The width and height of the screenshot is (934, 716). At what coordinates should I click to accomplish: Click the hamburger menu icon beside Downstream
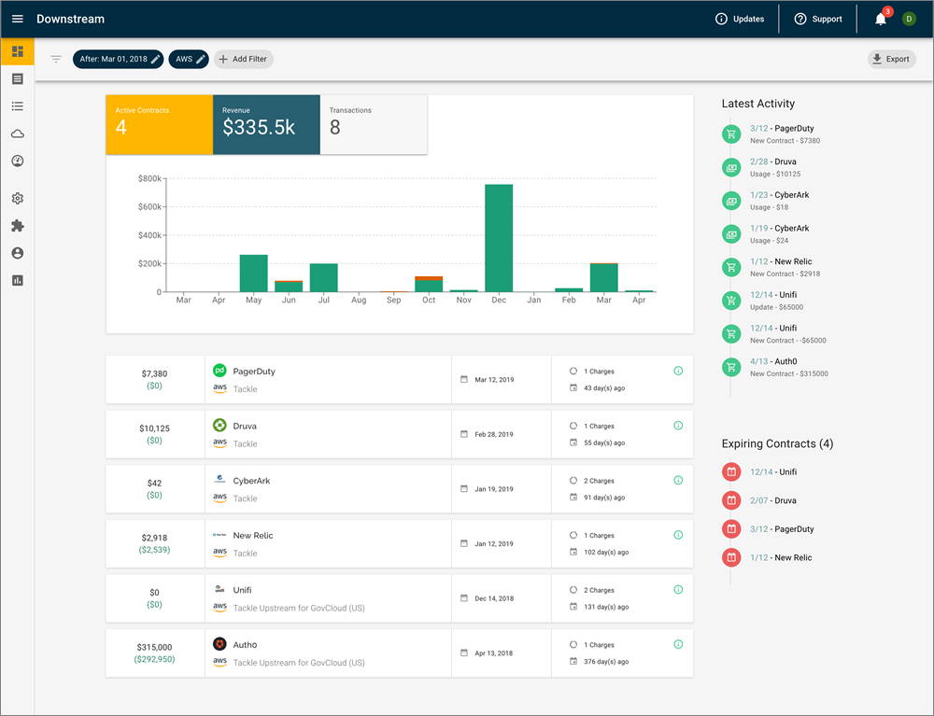(18, 19)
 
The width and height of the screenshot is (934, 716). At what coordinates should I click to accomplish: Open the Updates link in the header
(739, 19)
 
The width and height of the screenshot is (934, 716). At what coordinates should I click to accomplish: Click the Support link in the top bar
(817, 19)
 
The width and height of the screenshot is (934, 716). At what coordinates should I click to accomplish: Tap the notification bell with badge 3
(881, 19)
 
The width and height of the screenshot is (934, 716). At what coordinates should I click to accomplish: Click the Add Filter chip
(243, 59)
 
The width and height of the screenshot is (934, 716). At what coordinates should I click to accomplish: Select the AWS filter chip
(190, 59)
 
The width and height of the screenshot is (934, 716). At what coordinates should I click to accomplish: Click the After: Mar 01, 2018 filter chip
(118, 59)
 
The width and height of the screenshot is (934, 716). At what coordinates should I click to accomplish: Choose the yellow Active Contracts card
(159, 124)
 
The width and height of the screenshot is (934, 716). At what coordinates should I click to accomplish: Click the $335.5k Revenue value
(259, 128)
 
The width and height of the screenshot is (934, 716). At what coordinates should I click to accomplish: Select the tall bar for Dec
(499, 238)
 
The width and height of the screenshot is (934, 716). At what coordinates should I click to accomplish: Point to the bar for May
(253, 273)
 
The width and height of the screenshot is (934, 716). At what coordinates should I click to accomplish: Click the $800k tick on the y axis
(149, 177)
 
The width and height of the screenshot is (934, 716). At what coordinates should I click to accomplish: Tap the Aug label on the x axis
(359, 301)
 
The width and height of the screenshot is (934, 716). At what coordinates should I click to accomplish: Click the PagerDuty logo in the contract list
(219, 371)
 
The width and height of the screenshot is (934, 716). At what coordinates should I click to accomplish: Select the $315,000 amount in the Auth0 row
(154, 646)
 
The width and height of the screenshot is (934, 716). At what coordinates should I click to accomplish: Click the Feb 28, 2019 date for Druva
(493, 434)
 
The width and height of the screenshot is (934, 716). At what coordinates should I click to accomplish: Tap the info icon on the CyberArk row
(678, 481)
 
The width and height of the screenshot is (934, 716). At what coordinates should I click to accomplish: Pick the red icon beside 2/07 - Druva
(730, 500)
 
